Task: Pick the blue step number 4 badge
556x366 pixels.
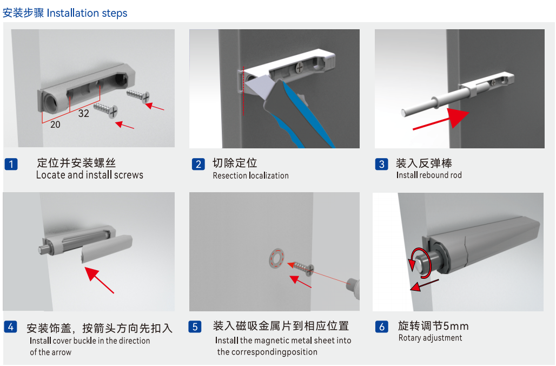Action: click(11, 326)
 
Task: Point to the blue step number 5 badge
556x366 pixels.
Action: click(195, 326)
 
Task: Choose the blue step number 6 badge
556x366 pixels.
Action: click(382, 326)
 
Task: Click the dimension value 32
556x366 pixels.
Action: click(83, 113)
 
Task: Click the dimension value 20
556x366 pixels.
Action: click(55, 124)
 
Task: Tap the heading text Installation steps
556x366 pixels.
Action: click(87, 13)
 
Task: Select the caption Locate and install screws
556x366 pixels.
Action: click(90, 175)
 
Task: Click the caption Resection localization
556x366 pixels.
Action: click(250, 175)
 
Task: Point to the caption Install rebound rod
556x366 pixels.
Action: click(429, 175)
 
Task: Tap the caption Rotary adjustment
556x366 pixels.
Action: click(430, 338)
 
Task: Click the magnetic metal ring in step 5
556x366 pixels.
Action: click(276, 258)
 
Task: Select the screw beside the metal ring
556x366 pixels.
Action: click(301, 267)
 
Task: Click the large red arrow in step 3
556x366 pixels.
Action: click(441, 119)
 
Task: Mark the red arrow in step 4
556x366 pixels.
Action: click(100, 280)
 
